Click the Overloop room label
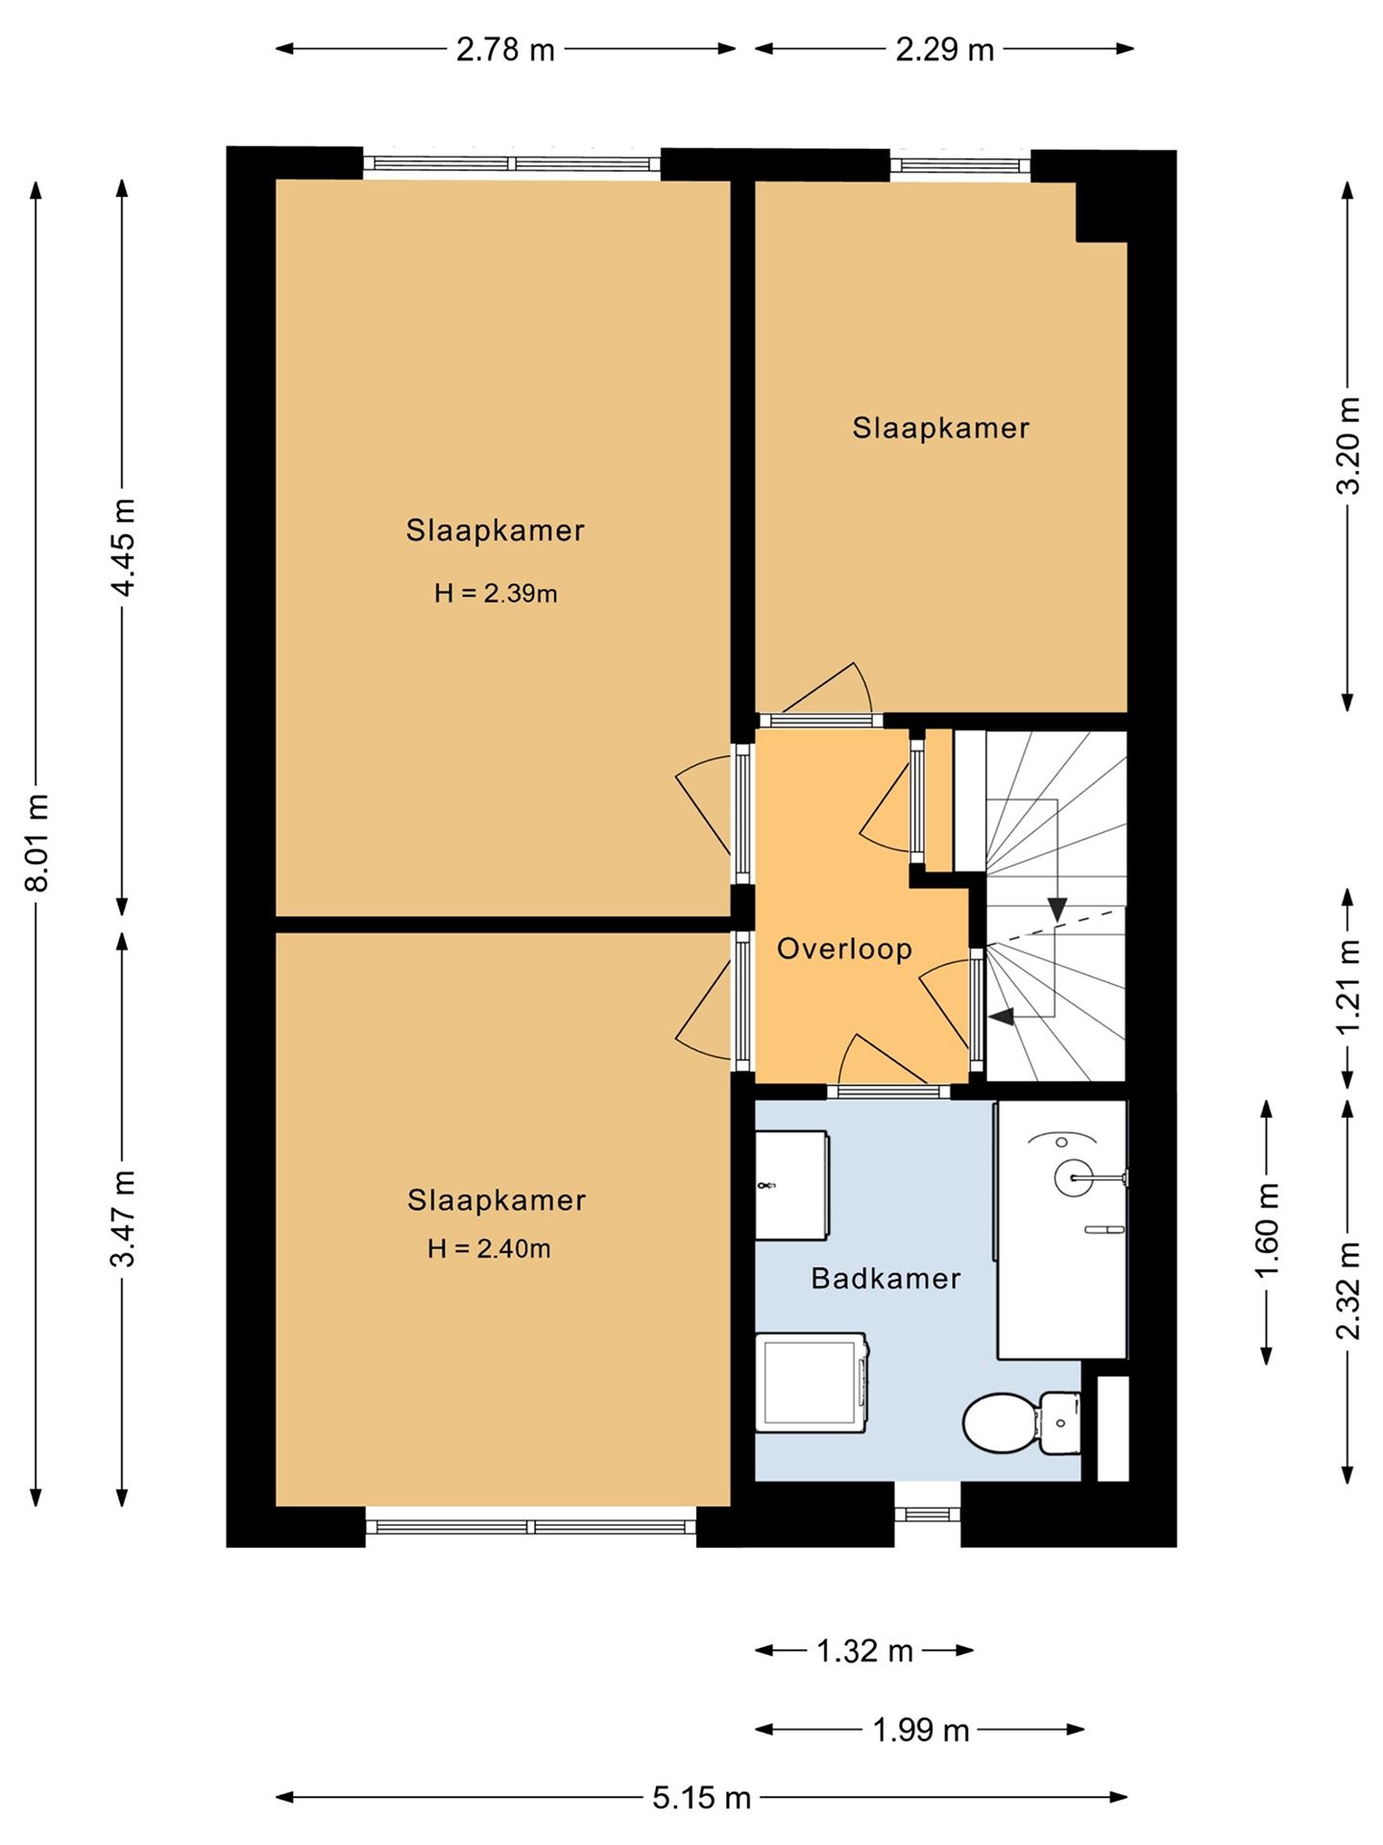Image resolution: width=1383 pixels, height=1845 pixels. tap(844, 949)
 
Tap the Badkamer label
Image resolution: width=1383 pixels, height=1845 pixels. tap(886, 1278)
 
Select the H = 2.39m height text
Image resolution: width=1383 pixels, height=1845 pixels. tap(496, 594)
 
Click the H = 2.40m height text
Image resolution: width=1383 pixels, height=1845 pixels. tap(489, 1249)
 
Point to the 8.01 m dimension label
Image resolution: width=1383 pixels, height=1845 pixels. tap(37, 844)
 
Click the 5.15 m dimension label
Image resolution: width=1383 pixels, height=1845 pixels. tap(701, 1798)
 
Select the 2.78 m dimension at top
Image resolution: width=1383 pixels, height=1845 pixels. tap(505, 50)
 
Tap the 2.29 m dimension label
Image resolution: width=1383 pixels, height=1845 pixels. tap(945, 50)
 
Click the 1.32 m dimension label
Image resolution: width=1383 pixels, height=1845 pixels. tap(864, 1651)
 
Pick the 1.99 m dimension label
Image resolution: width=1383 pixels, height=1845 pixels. tap(920, 1731)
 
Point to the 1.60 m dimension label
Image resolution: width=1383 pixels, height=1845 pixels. tap(1268, 1231)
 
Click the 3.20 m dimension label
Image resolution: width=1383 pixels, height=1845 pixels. tap(1348, 446)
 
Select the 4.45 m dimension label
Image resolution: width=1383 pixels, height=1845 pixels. tap(124, 548)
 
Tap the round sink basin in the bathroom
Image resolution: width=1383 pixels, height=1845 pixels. tap(1075, 1177)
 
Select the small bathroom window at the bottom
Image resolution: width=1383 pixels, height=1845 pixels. tap(927, 1514)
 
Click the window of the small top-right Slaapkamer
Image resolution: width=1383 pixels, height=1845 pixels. tap(959, 165)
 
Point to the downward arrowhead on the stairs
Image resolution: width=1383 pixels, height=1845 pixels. tap(1057, 909)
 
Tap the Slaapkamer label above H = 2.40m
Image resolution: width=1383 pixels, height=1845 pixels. tap(497, 1200)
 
